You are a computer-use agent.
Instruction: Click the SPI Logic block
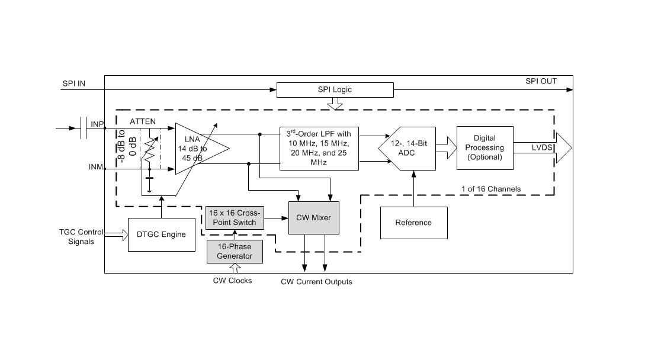click(x=335, y=90)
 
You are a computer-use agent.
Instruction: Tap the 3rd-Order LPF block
click(x=319, y=148)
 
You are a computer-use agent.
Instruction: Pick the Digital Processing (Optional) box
click(x=485, y=147)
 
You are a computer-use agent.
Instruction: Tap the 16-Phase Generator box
click(x=230, y=252)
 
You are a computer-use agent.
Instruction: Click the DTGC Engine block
click(x=161, y=234)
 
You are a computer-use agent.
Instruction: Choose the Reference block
click(x=413, y=223)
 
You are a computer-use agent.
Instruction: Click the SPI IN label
click(x=74, y=83)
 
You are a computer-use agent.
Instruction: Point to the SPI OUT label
click(x=541, y=81)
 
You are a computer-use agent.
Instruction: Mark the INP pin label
click(x=97, y=124)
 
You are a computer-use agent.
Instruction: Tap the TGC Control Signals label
click(x=81, y=236)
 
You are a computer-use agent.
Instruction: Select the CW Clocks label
click(x=232, y=280)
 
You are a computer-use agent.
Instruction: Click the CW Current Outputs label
click(x=316, y=282)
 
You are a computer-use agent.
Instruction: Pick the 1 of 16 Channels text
click(x=491, y=189)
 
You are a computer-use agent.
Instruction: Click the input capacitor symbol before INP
click(x=84, y=127)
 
